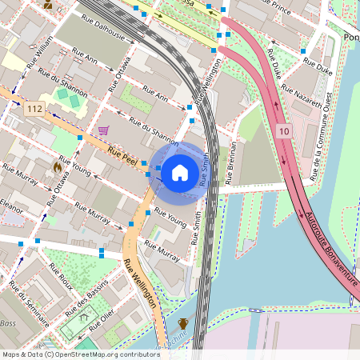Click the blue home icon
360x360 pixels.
[x=180, y=172]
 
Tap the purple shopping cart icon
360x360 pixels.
[x=103, y=130]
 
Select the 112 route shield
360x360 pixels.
[x=34, y=108]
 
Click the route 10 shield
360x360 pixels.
[x=285, y=130]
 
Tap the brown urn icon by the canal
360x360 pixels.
[x=183, y=324]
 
